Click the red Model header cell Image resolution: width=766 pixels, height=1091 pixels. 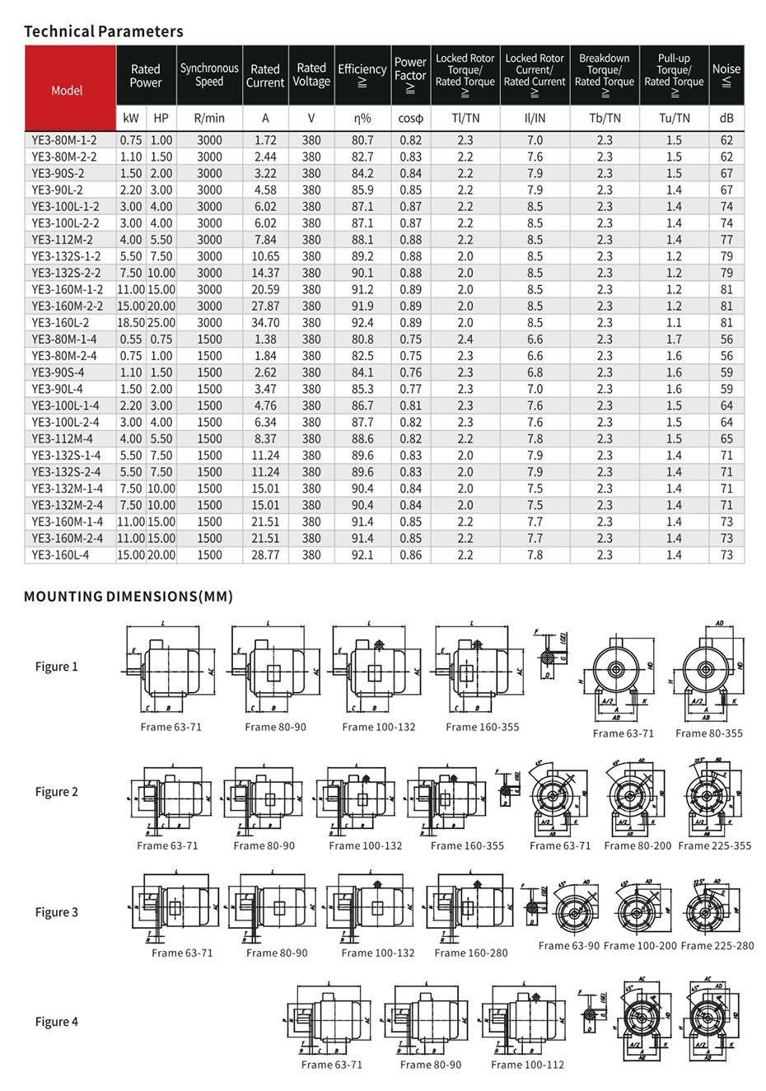coord(67,90)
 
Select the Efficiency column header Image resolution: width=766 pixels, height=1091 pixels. coord(362,74)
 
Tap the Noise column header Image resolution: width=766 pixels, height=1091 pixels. coord(726,74)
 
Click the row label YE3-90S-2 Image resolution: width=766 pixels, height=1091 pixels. coord(58,173)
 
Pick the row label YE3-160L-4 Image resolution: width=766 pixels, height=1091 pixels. coord(60,555)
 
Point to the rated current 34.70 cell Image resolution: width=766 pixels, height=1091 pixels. coord(265,322)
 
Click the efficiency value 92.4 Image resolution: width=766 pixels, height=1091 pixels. coord(362,322)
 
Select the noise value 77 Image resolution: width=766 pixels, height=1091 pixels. coord(726,240)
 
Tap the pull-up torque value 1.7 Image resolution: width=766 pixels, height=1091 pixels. coord(674,339)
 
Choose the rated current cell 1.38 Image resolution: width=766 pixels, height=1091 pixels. coord(265,339)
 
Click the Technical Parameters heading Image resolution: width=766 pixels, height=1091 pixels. coord(104,31)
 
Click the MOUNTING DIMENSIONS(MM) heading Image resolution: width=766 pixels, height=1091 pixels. coord(128,596)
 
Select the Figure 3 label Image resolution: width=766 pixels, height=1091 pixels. coord(57,912)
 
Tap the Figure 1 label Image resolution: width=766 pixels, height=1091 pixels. coord(57,667)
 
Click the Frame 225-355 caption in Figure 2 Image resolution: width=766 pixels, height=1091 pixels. coord(714,845)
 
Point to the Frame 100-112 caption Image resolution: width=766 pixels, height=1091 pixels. coord(527,1065)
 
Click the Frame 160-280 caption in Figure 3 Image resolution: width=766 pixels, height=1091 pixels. coord(470,953)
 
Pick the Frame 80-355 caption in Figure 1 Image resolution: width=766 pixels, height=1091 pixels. coord(708,733)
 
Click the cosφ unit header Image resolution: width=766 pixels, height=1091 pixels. coord(409,118)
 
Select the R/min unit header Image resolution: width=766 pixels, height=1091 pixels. coord(209,118)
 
